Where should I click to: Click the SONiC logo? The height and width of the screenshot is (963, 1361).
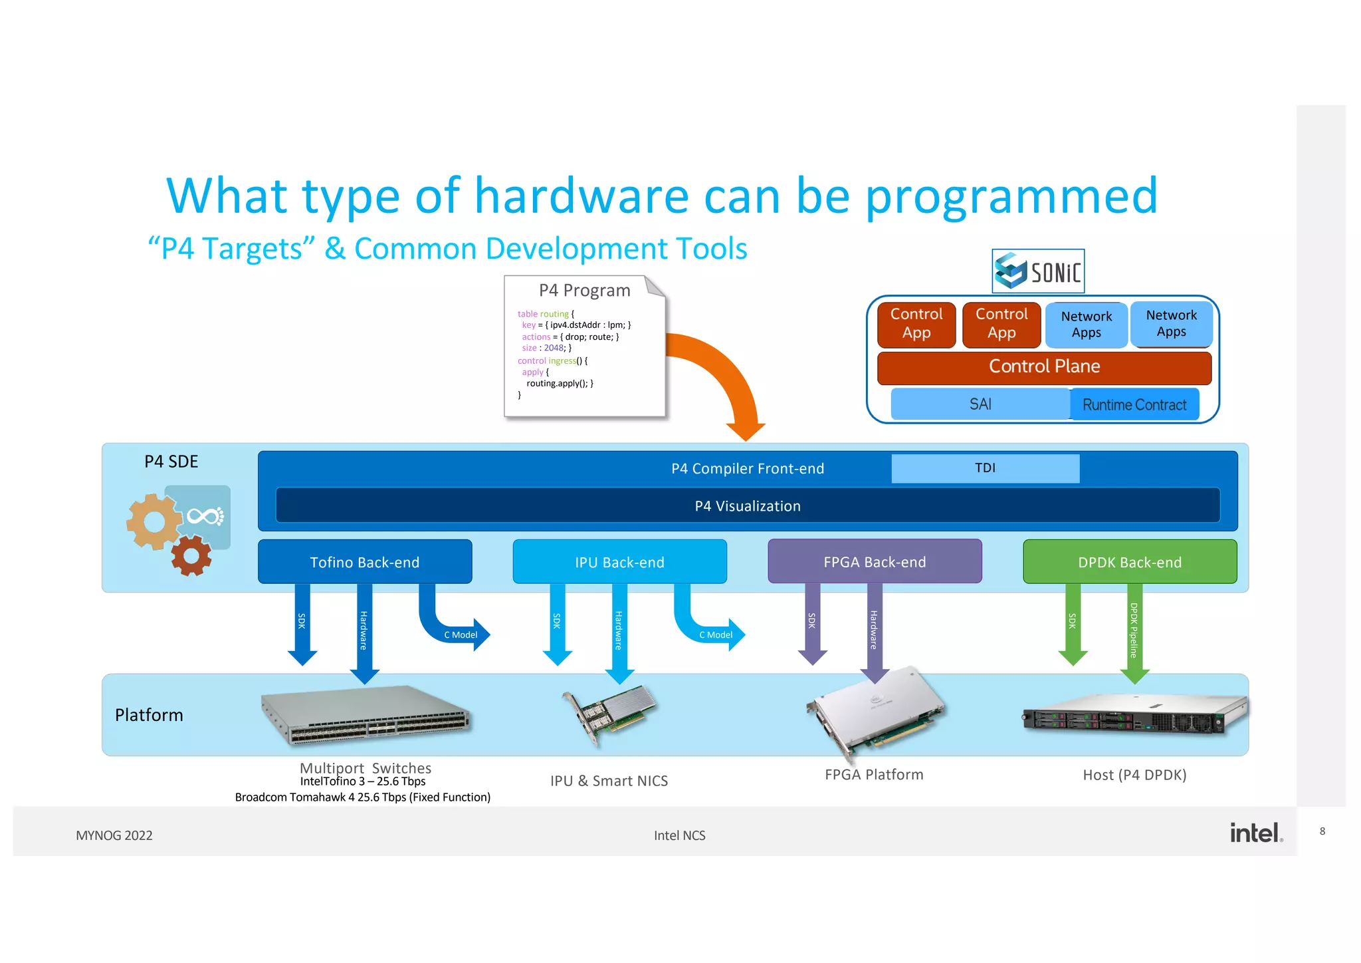1037,271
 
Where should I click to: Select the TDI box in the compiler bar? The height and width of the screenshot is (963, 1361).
985,468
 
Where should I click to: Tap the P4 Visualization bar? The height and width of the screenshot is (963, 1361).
747,506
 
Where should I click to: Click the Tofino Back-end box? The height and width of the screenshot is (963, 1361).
365,562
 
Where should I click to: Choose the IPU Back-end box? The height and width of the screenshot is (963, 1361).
619,562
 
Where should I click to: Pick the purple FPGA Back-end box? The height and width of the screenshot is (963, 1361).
875,562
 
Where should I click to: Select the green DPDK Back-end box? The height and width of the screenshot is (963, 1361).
1130,562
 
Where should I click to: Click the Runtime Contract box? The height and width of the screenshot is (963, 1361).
1134,404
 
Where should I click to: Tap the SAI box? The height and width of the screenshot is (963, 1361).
980,404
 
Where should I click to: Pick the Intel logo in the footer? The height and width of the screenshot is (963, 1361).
1255,833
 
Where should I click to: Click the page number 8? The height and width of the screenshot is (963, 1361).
1322,831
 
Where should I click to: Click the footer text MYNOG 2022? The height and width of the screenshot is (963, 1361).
114,835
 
